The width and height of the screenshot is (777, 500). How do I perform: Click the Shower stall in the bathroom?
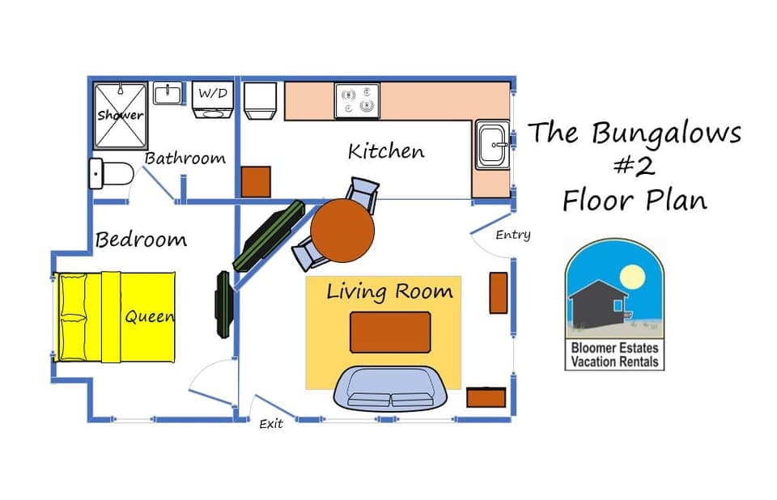point(121,115)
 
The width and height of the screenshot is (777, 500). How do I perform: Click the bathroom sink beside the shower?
point(168,94)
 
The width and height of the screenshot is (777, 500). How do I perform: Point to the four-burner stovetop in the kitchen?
point(357,100)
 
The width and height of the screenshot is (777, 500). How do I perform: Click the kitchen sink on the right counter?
point(492,145)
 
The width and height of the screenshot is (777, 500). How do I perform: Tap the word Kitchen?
point(386,151)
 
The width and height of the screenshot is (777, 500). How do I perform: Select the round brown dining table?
point(342,229)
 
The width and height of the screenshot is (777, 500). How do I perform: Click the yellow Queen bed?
point(116,317)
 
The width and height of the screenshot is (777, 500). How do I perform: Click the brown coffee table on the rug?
point(390,332)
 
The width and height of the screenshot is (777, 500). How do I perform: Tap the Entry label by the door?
point(513,235)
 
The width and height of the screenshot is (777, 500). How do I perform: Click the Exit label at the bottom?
point(271,424)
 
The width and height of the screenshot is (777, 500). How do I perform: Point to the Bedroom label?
point(141,240)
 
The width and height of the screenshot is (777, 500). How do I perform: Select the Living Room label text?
point(389,291)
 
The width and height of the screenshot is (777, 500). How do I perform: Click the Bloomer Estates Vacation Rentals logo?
point(614,305)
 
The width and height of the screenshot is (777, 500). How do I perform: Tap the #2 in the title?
point(635,165)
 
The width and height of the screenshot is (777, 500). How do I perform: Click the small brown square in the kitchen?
point(257,181)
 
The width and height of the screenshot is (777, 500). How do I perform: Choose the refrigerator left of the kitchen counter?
point(261,101)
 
